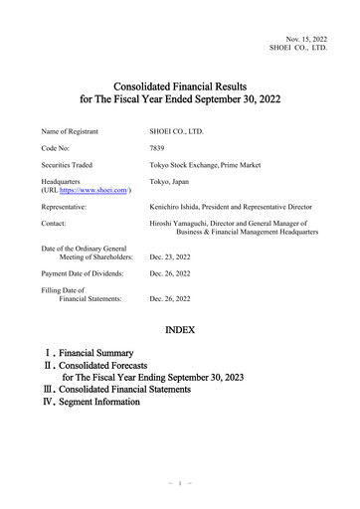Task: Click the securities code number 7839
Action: coord(157,146)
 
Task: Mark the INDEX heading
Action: coord(179,328)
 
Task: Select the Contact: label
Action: coord(56,225)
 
